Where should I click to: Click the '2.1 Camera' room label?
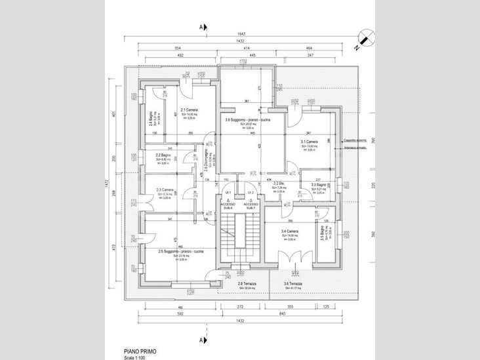[189, 110]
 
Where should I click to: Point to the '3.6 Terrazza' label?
[292, 284]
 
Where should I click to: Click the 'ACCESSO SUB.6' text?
[228, 206]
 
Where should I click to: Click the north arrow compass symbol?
[365, 39]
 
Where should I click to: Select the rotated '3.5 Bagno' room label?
[323, 236]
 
